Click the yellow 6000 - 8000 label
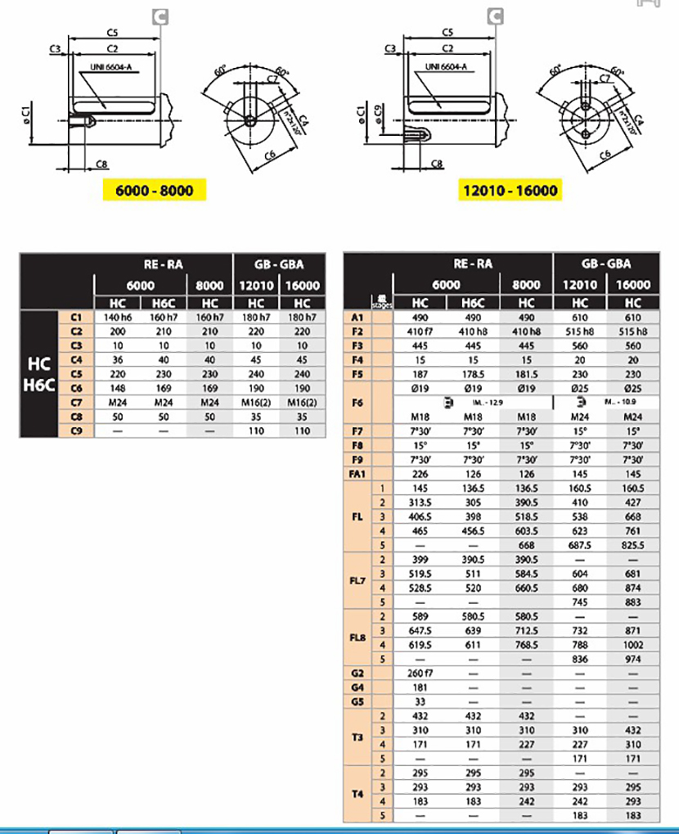(153, 191)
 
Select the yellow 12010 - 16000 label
(510, 191)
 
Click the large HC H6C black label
(39, 374)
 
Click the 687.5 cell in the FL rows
(580, 545)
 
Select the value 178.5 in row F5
(473, 374)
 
